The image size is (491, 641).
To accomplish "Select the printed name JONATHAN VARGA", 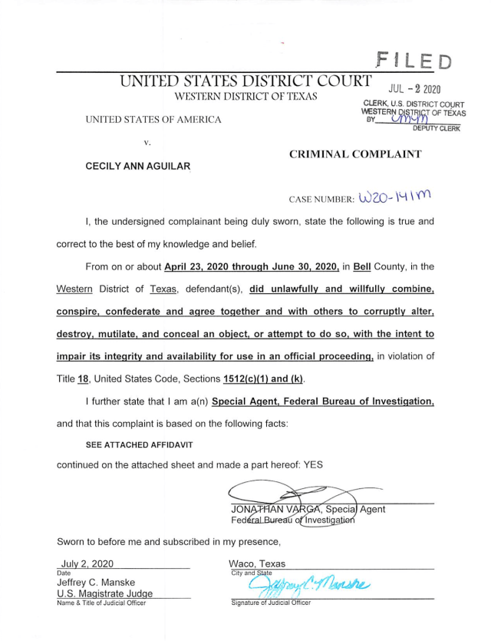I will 273,509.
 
